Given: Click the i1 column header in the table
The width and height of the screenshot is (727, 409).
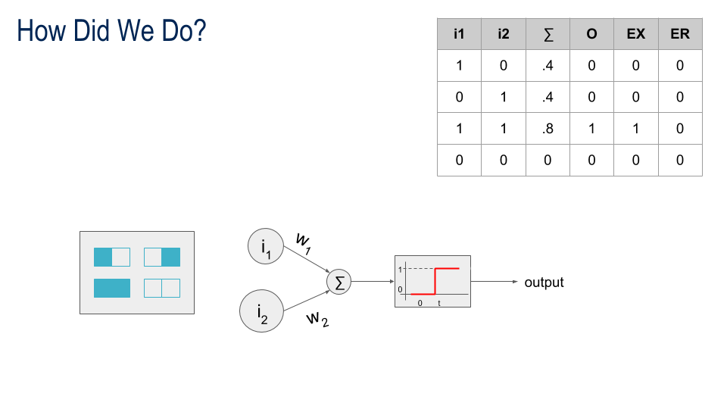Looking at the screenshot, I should [x=459, y=34].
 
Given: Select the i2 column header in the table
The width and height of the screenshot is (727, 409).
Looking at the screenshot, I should [x=504, y=34].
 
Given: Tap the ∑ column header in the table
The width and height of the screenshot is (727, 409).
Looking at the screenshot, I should [x=548, y=34].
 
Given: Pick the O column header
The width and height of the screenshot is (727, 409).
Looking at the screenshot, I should [x=591, y=34].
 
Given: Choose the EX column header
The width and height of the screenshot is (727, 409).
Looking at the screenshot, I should [x=635, y=34].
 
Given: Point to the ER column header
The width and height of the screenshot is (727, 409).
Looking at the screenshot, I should [x=680, y=34].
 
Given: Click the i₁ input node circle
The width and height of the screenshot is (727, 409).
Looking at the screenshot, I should [x=267, y=247].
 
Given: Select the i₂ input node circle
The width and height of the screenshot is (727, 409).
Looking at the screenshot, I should [x=261, y=311].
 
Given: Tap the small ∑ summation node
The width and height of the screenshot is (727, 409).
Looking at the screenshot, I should [x=339, y=282].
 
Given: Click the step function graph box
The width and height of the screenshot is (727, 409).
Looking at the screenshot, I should [x=432, y=281].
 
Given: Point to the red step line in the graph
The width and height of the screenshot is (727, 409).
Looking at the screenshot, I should [x=435, y=281].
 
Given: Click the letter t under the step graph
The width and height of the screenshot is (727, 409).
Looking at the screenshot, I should [x=438, y=302].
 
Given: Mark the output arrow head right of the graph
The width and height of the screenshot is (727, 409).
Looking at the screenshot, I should [x=516, y=282].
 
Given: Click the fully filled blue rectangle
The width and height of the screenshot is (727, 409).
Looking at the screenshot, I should [x=112, y=288].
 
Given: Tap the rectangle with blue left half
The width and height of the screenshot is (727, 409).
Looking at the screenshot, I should [x=112, y=257].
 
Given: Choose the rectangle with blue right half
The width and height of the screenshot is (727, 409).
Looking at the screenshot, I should [x=162, y=257].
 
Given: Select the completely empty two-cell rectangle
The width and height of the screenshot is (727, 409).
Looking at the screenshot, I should [x=162, y=288].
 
